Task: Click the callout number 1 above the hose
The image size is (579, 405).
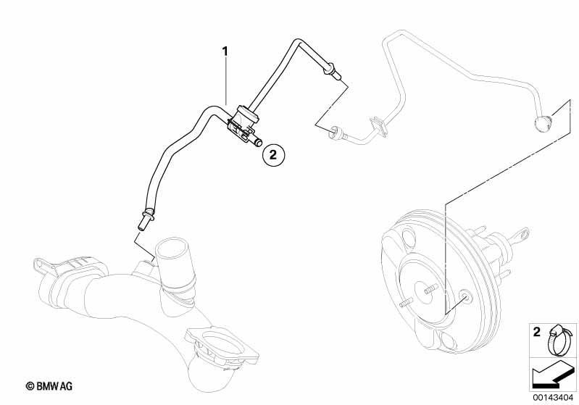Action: [x=225, y=51]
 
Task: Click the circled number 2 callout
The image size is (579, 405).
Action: [x=273, y=154]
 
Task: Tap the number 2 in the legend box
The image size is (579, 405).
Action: [x=536, y=332]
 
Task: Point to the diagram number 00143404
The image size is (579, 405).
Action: [x=553, y=397]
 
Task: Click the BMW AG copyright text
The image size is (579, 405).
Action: [x=49, y=386]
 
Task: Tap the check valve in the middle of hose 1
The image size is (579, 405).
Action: [x=242, y=122]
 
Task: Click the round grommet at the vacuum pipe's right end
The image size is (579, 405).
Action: [x=542, y=123]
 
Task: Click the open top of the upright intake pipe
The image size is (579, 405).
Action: [x=172, y=249]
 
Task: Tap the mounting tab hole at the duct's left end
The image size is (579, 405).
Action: [x=38, y=264]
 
